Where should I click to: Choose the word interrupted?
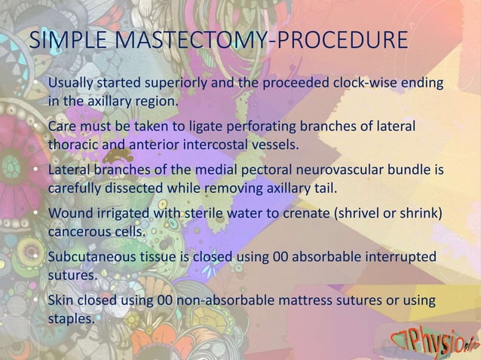tap(400, 258)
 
